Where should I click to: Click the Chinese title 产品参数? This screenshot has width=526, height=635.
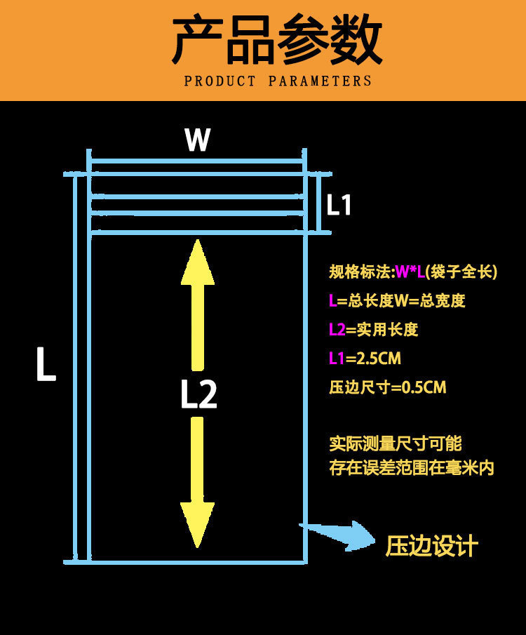coord(277,41)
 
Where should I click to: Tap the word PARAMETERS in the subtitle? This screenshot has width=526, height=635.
coord(320,81)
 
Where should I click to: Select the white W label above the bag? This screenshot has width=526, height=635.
coord(197,140)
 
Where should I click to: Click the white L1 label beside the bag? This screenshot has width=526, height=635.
coord(339,206)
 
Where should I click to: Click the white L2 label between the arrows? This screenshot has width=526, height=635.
coord(198,395)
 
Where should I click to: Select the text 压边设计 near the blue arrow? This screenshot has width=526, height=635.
coord(431,546)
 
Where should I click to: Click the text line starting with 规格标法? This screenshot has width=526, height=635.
coord(413,272)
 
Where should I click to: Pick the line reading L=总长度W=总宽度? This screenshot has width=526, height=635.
coord(397,301)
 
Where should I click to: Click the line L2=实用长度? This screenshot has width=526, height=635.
coord(373,330)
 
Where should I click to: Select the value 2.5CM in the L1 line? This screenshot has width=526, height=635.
coord(379,359)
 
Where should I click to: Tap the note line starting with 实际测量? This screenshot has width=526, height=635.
coord(396,443)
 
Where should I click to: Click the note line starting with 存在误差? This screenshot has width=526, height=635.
coord(412,468)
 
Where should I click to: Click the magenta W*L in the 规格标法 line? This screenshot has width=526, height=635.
coord(410,272)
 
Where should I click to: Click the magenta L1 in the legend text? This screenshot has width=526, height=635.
coord(337,359)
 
